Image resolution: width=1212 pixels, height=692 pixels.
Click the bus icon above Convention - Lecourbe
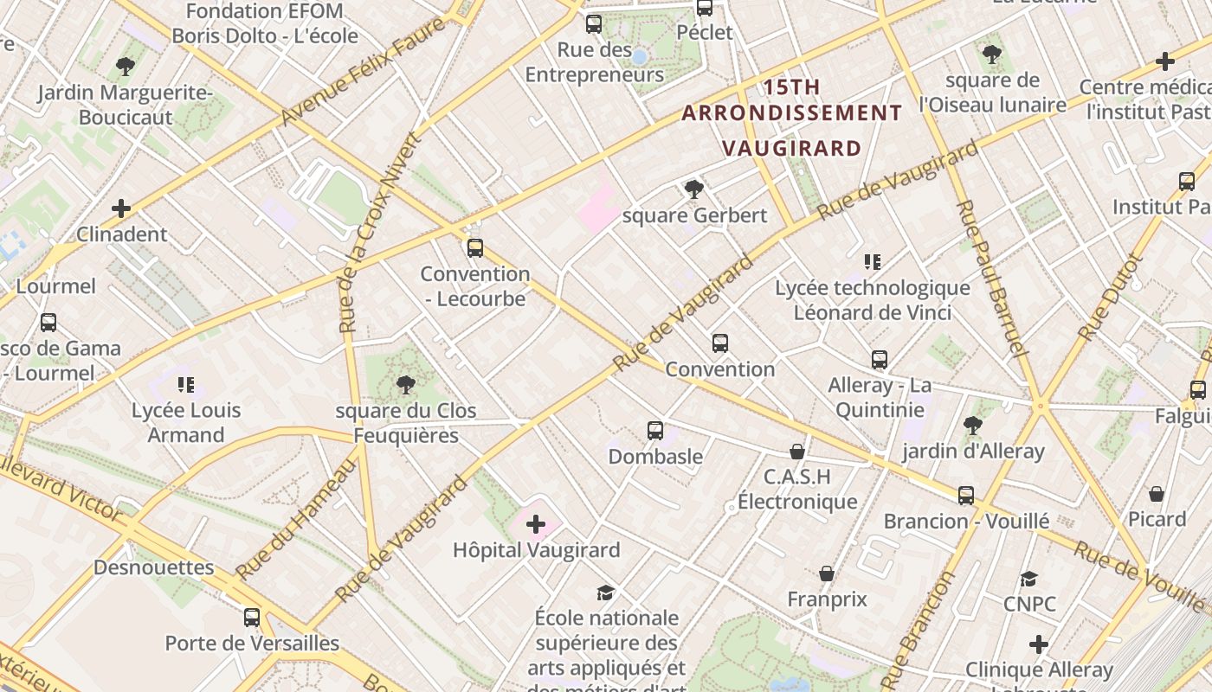point(474,248)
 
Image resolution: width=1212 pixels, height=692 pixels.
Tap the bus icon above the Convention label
point(719,343)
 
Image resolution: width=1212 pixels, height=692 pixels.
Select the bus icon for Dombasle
point(655,431)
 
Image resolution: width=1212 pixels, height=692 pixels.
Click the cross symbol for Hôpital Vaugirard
point(536,523)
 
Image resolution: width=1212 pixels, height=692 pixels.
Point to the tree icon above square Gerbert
point(693,189)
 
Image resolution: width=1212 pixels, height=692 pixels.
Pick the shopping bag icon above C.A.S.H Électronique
point(796,452)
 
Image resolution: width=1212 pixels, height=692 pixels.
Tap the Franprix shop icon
point(827,573)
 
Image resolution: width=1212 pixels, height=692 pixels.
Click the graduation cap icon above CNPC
point(1028,579)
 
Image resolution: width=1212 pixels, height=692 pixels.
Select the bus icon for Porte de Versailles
point(252,618)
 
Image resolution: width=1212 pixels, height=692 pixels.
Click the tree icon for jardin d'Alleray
point(972,426)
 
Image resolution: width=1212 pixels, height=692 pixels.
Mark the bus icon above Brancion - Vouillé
point(965,496)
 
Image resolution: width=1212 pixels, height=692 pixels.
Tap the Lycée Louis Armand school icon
point(185,384)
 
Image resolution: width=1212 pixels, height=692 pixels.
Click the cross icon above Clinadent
point(121,208)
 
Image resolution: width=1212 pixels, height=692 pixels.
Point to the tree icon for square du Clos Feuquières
point(404,385)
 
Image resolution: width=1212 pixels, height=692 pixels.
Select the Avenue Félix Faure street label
point(364,71)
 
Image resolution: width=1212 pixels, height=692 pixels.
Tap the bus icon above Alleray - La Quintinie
point(880,359)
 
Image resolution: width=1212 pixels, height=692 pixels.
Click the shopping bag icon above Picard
point(1157,494)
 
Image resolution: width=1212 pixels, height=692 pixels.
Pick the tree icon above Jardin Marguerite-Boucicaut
point(126,66)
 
